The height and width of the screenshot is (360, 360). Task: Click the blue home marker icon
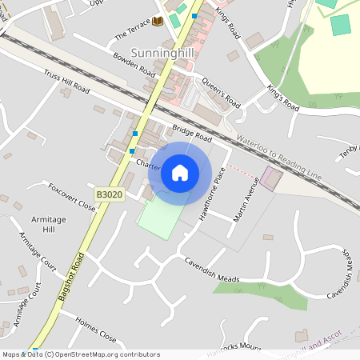pos(180,172)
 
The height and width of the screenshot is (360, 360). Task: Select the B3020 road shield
pos(110,194)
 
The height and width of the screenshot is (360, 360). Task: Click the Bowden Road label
pos(134,65)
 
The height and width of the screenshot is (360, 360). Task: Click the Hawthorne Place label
pos(212,198)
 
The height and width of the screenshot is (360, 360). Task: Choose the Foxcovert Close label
pos(72,200)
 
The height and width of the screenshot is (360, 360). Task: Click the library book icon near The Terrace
pos(157,21)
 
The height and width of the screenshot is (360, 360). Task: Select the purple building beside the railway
pos(270,178)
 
